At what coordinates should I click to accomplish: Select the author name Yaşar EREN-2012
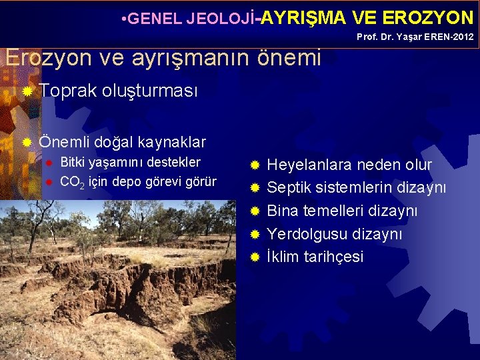coord(439,37)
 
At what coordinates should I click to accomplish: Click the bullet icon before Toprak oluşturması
coord(27,91)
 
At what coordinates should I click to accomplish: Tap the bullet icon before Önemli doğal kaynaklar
coord(27,142)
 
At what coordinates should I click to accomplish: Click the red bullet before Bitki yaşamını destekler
coord(47,163)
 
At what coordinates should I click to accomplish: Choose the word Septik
coord(291,188)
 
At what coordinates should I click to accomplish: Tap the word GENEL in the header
coord(153,18)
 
